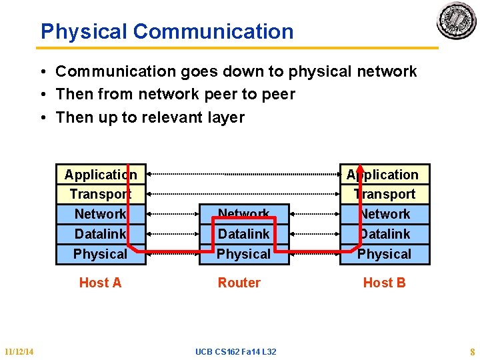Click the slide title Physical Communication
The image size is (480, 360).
click(167, 31)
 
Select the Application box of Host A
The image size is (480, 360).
click(101, 175)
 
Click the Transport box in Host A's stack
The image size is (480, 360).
click(101, 194)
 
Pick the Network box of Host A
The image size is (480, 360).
click(101, 214)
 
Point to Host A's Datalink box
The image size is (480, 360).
click(101, 234)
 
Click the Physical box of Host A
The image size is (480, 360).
click(101, 254)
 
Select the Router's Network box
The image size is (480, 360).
click(244, 214)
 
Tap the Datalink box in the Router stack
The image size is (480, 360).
click(244, 234)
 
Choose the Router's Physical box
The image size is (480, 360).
click(244, 254)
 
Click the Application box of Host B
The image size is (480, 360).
click(385, 175)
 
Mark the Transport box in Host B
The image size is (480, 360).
click(385, 194)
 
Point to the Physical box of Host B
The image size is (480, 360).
click(385, 254)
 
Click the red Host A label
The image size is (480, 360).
click(100, 283)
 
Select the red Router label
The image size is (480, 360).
click(239, 283)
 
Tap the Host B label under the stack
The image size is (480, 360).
click(384, 283)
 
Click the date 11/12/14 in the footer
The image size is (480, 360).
click(19, 351)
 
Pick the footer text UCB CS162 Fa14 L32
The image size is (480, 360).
click(236, 351)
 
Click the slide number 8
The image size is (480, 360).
click(471, 351)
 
